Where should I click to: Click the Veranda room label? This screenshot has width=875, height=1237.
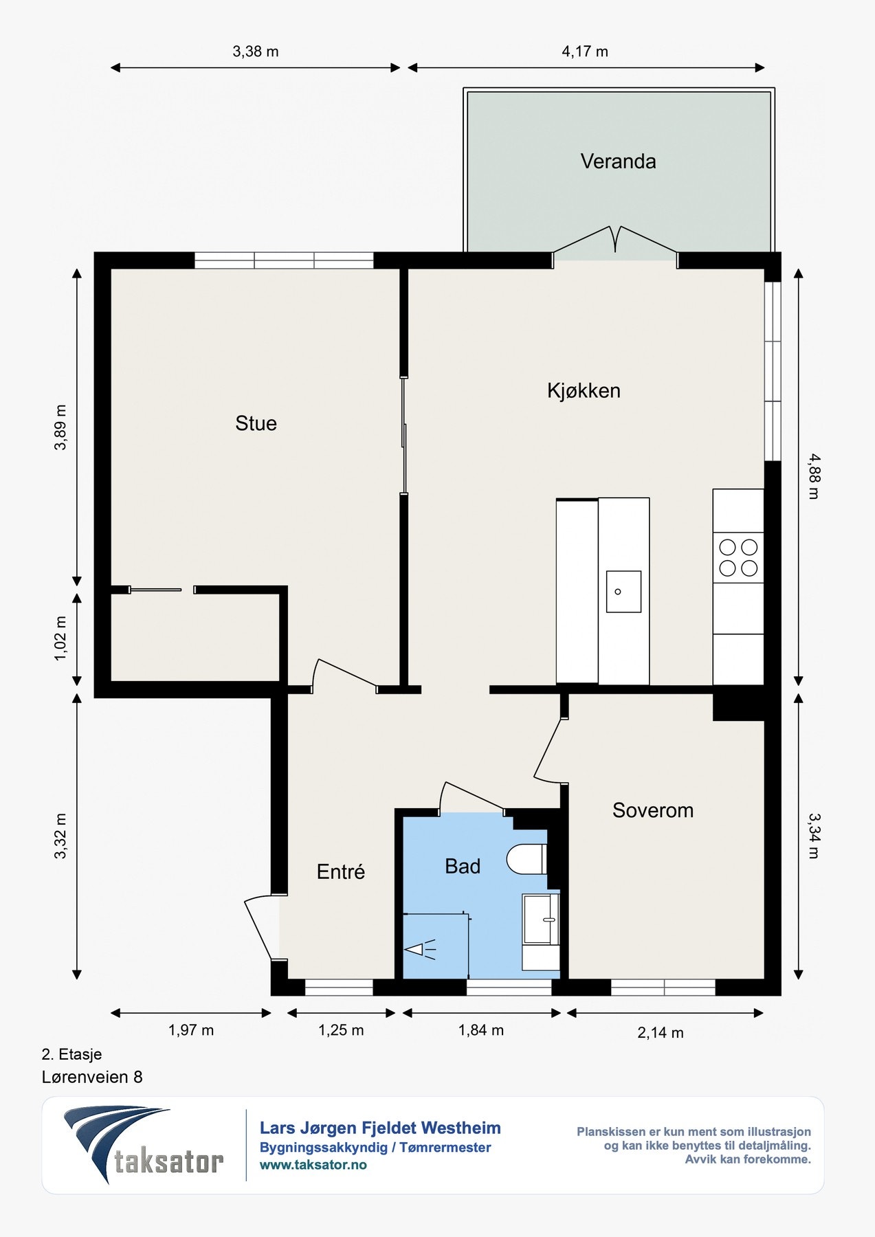point(618,161)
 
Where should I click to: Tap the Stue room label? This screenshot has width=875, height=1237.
point(256,423)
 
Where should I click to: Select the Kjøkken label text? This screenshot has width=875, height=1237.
point(584,390)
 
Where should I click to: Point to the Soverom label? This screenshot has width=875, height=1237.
point(653,810)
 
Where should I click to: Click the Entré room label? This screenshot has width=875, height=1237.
point(340,871)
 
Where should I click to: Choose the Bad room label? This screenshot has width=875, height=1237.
point(463,867)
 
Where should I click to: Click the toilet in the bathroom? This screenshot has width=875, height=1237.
point(527,859)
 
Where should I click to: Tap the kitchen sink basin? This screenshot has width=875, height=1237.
point(623,592)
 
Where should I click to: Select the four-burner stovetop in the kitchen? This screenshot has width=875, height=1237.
point(738,557)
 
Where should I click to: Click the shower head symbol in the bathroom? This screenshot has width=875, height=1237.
point(420,950)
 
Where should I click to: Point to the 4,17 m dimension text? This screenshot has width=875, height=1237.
point(585,52)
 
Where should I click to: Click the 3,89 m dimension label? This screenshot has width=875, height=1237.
point(60,427)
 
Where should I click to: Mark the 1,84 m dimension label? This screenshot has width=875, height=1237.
point(481,1030)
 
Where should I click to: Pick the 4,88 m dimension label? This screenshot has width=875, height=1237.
point(814,476)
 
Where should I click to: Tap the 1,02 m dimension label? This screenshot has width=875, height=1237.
point(60,638)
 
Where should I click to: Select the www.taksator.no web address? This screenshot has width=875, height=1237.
point(313,1165)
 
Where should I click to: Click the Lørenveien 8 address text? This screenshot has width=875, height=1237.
point(92,1077)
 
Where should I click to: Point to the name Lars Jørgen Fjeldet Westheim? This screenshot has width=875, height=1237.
point(380,1128)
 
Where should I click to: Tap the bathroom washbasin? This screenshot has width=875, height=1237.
point(541,919)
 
